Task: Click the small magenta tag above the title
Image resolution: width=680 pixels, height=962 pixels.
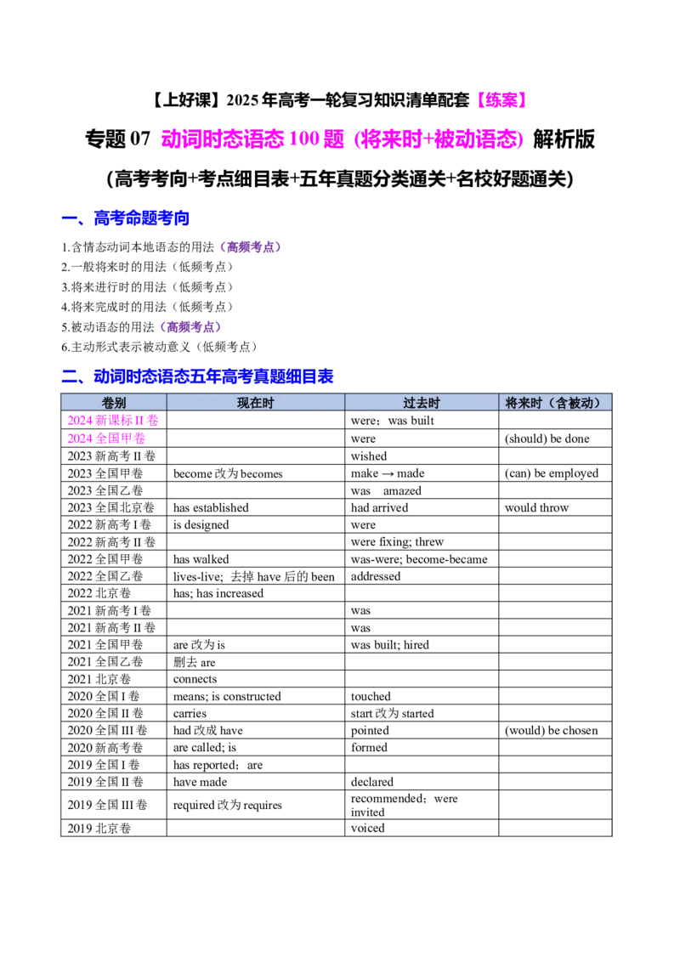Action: click(x=502, y=99)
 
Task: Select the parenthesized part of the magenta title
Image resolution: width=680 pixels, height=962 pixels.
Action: click(x=440, y=139)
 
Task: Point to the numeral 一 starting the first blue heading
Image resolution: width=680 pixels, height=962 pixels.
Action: click(x=70, y=219)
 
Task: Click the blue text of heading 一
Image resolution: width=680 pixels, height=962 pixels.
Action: click(x=141, y=218)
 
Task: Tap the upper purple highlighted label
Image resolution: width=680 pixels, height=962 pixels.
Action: click(x=251, y=247)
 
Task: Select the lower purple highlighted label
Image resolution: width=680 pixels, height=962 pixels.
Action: click(x=190, y=326)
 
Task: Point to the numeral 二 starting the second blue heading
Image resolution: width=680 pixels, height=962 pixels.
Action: click(x=70, y=376)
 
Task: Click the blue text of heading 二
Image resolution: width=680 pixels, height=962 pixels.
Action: click(x=212, y=376)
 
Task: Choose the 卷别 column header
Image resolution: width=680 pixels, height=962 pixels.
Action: click(x=114, y=403)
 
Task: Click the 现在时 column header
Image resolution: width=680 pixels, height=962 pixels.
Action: click(x=255, y=403)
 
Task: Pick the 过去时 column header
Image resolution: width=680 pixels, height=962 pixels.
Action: click(x=422, y=403)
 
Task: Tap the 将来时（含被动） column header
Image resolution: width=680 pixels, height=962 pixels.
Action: click(x=554, y=403)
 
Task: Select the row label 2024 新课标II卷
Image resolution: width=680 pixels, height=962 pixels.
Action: click(x=113, y=420)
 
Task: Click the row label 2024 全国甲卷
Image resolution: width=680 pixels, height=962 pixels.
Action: click(x=107, y=439)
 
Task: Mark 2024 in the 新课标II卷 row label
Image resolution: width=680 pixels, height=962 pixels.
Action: click(x=79, y=420)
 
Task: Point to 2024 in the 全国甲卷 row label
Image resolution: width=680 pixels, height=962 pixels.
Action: click(x=79, y=439)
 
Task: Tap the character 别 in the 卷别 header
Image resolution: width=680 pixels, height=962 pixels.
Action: click(x=120, y=403)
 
